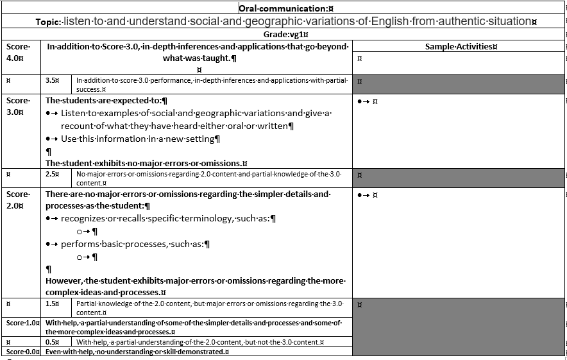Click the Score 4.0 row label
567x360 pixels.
coord(18,52)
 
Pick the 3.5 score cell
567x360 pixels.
coord(53,81)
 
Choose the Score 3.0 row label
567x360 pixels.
coord(18,106)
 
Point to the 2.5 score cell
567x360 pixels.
coord(53,174)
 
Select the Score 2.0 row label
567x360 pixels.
coord(18,199)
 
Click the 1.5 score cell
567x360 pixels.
coord(53,304)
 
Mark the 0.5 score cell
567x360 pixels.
coord(53,342)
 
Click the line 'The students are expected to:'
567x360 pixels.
coord(106,100)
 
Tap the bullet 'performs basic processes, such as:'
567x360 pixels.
coord(135,244)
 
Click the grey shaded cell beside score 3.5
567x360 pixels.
coord(459,84)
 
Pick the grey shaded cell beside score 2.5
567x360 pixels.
coord(459,178)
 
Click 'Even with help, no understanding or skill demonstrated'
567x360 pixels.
coord(137,352)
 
